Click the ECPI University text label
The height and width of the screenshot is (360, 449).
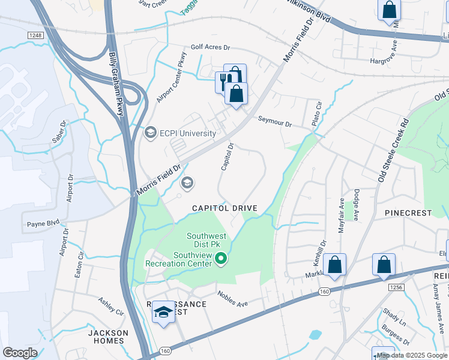[x=188, y=133]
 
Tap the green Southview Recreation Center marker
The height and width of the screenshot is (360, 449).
[x=221, y=259]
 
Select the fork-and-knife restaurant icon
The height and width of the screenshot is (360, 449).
[x=223, y=81]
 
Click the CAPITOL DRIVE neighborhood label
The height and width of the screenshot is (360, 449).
[x=224, y=208]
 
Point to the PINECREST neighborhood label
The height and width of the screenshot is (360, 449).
[x=408, y=213]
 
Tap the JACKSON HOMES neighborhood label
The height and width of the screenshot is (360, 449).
[x=108, y=337]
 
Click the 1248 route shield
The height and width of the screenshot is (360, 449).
[x=35, y=37]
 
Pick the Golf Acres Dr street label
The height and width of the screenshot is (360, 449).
[x=210, y=47]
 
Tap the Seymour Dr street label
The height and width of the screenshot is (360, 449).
[x=274, y=122]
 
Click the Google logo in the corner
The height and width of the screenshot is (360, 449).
[x=20, y=353]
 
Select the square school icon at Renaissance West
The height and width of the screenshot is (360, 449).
[x=163, y=312]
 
